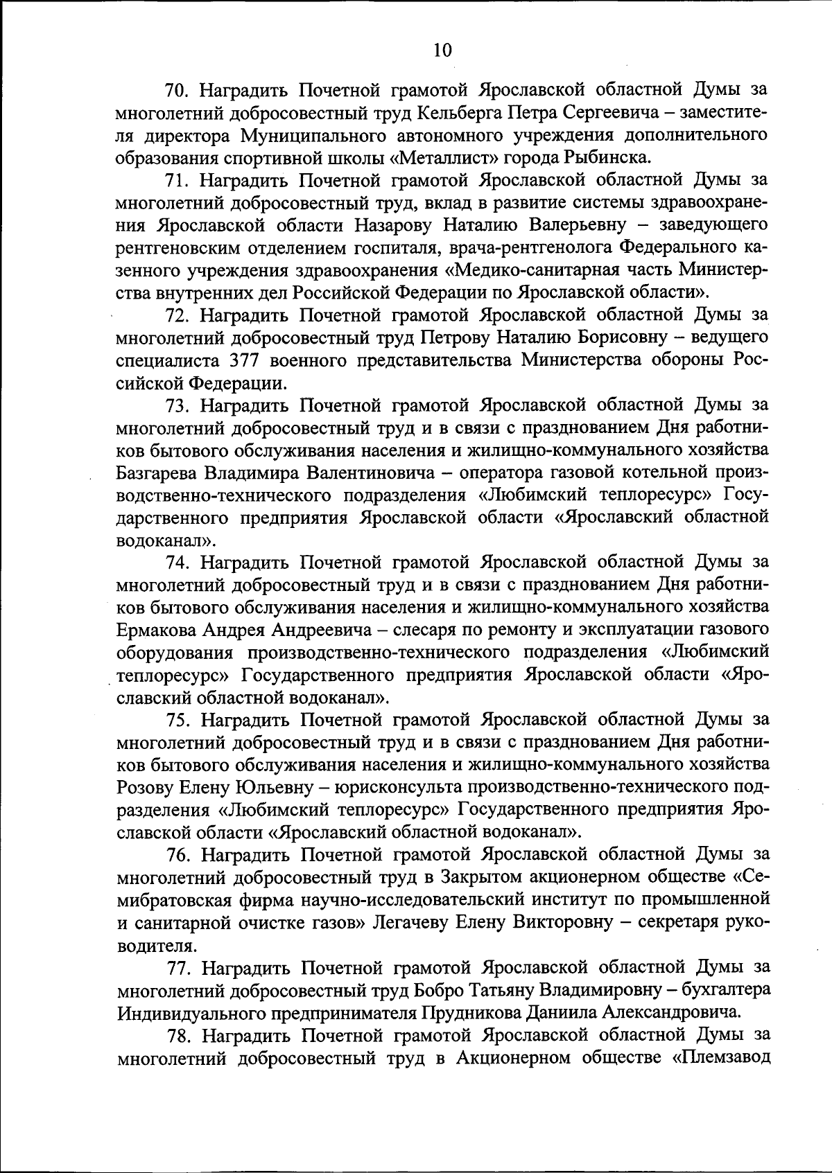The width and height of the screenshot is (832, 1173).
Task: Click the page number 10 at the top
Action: point(442,50)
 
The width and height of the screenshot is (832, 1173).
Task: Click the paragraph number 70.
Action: point(180,89)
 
